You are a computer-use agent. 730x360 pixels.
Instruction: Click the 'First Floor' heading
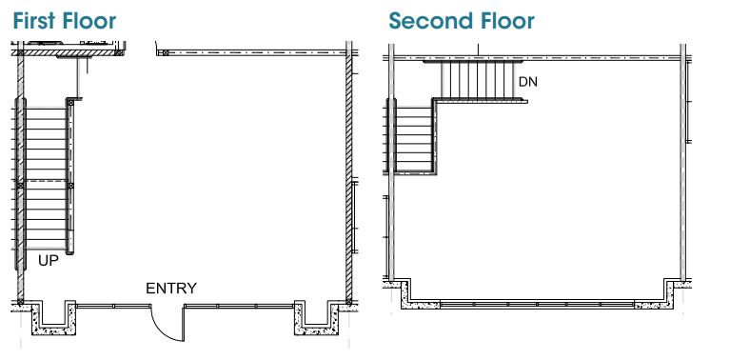click(x=65, y=21)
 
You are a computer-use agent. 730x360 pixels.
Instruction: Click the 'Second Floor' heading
click(x=462, y=21)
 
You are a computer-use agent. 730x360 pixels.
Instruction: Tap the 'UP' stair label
click(x=49, y=261)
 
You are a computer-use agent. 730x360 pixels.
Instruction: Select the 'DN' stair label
click(x=528, y=82)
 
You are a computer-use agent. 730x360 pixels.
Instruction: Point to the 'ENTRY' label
click(x=171, y=289)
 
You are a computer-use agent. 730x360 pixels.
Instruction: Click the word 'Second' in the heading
click(x=430, y=21)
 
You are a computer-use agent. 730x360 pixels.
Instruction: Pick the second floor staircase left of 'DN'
click(x=479, y=80)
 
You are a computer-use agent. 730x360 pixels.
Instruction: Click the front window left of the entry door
click(x=113, y=306)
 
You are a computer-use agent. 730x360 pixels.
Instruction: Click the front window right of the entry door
click(x=239, y=306)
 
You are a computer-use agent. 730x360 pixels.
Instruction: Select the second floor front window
click(x=537, y=305)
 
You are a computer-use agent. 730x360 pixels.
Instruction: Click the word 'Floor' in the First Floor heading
click(x=89, y=21)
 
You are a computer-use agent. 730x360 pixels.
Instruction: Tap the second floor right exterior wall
click(x=683, y=163)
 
